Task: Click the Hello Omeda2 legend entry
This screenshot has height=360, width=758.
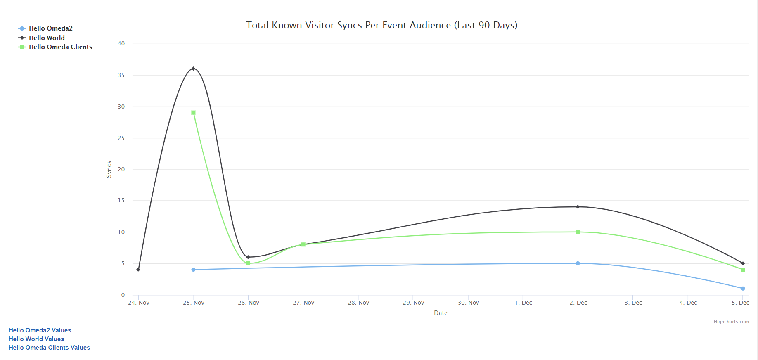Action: point(50,28)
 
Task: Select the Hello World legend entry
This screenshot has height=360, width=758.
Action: point(47,38)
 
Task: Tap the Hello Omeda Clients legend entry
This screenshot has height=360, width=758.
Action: point(60,47)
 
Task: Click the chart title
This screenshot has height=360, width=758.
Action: point(381,25)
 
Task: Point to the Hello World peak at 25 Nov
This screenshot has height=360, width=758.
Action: point(193,69)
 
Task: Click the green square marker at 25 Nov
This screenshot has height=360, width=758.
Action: point(193,113)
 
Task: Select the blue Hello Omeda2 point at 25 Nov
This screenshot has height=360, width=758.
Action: point(193,270)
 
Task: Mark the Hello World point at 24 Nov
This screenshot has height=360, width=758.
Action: point(138,270)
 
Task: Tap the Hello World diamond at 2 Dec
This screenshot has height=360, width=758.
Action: point(578,207)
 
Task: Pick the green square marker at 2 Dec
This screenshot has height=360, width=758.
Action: point(578,232)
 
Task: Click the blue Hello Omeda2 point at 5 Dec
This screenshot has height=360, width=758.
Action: point(743,289)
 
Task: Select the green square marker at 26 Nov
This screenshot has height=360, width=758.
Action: point(248,263)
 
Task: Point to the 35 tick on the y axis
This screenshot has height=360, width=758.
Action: point(121,75)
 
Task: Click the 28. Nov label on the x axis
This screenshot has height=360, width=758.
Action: point(358,303)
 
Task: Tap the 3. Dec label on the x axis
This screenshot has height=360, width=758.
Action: point(633,303)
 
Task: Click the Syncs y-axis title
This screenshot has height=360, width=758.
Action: point(109,169)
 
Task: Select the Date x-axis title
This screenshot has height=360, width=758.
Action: point(441,313)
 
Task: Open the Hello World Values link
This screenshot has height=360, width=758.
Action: point(36,339)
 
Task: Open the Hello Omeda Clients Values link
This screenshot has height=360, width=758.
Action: point(49,348)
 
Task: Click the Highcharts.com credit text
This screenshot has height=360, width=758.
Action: point(731,322)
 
